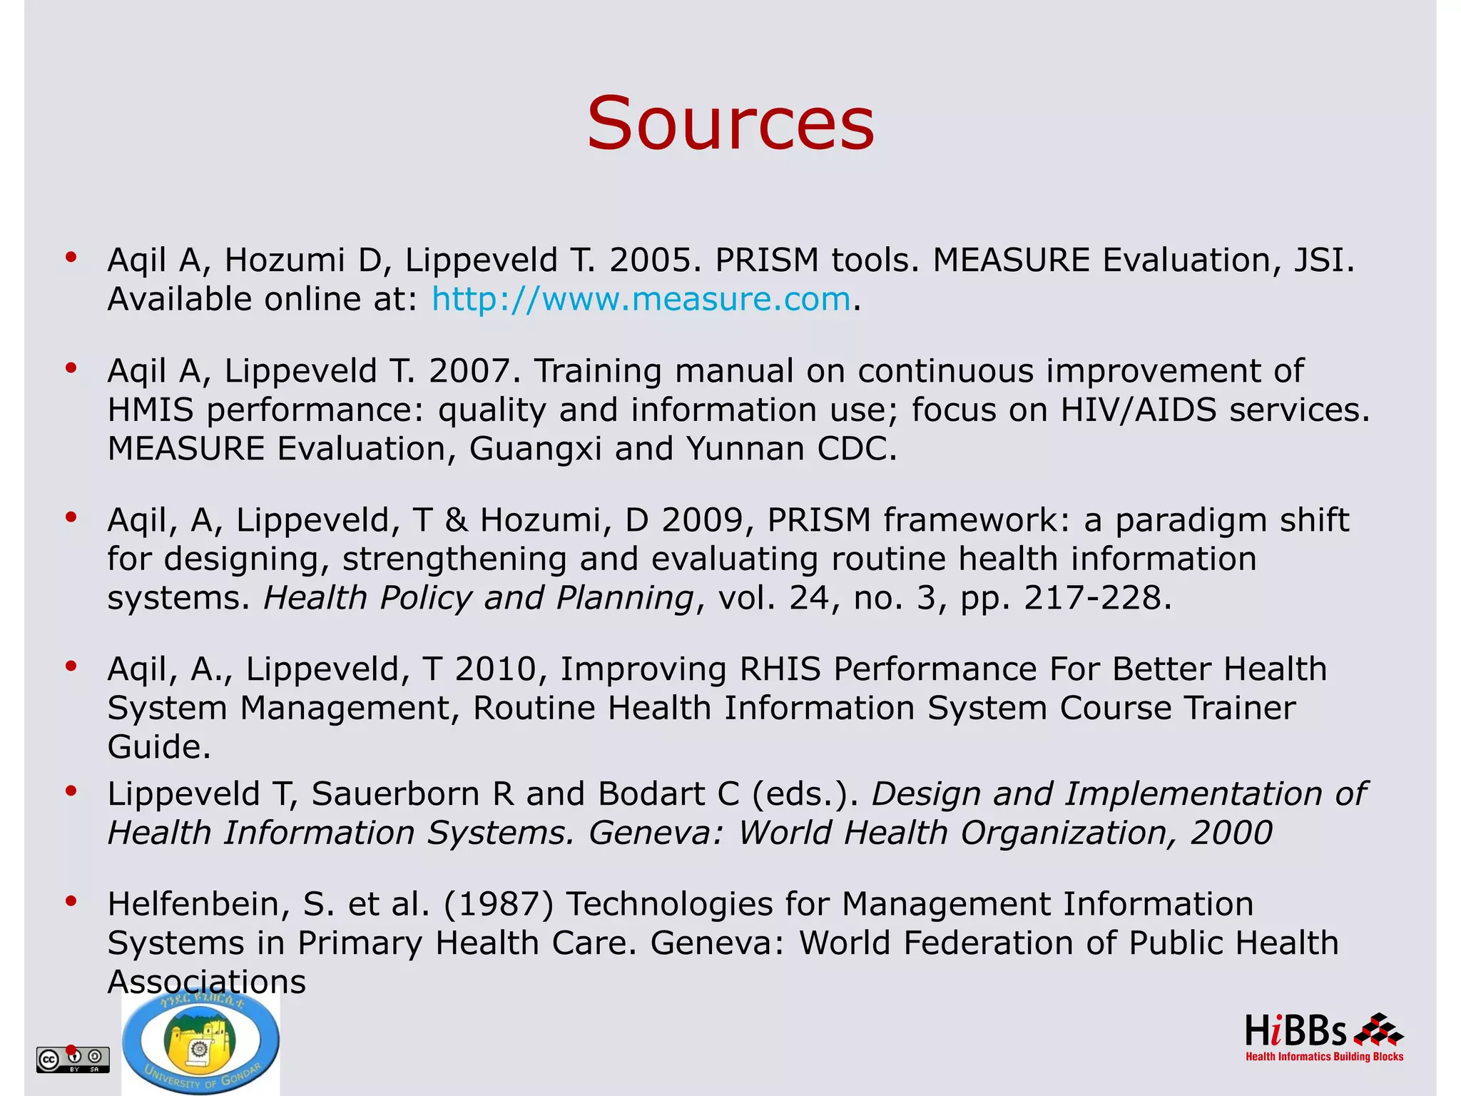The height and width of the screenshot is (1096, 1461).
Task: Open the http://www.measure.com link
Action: pyautogui.click(x=641, y=299)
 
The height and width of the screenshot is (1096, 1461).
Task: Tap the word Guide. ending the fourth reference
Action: pyautogui.click(x=159, y=747)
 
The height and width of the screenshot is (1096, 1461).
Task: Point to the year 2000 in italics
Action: pyautogui.click(x=1231, y=833)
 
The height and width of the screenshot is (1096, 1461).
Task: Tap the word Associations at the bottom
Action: pyautogui.click(x=206, y=982)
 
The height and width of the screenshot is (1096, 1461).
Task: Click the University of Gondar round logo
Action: pyautogui.click(x=201, y=1043)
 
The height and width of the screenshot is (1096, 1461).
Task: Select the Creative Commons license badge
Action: pyautogui.click(x=73, y=1060)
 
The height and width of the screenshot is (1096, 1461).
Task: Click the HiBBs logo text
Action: pyautogui.click(x=1295, y=1032)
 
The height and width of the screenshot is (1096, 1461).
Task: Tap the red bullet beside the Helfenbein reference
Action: pyautogui.click(x=71, y=901)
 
